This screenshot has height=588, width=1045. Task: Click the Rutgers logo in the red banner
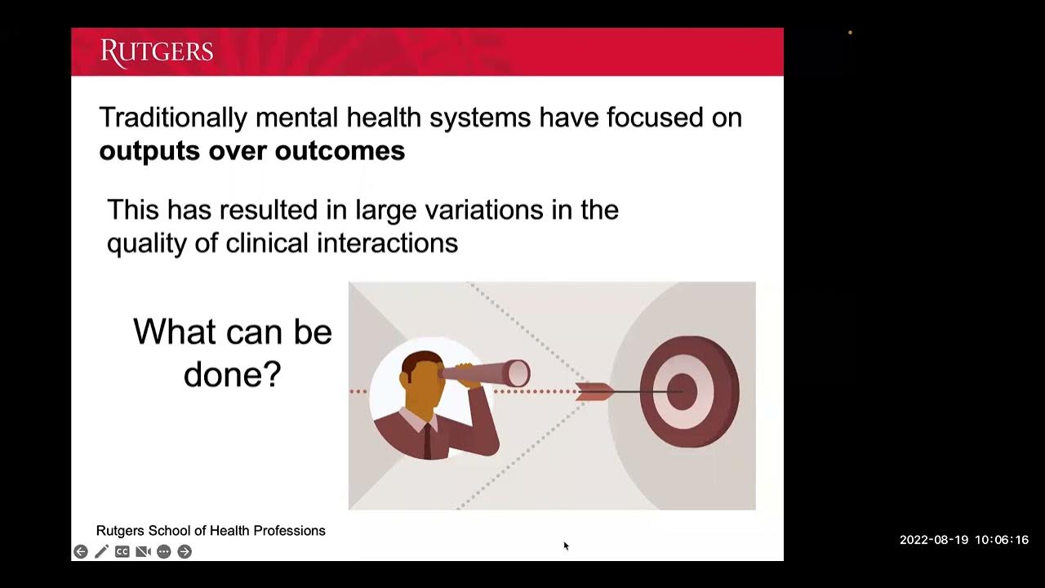157,52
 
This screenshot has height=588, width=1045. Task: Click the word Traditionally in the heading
172,118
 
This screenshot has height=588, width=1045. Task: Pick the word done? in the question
233,375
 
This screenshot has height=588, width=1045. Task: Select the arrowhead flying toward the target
594,392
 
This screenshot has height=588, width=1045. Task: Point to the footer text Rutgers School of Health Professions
211,531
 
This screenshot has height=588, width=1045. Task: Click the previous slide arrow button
80,552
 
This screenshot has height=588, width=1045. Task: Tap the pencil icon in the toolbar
101,552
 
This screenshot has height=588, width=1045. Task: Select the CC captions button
122,552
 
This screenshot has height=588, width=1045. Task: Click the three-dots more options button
164,552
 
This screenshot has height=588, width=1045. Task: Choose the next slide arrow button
185,552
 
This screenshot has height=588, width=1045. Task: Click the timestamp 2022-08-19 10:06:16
963,540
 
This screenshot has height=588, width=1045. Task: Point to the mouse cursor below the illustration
565,546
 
